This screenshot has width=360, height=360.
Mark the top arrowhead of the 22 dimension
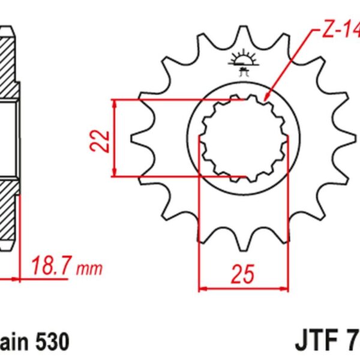coord(114,103)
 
